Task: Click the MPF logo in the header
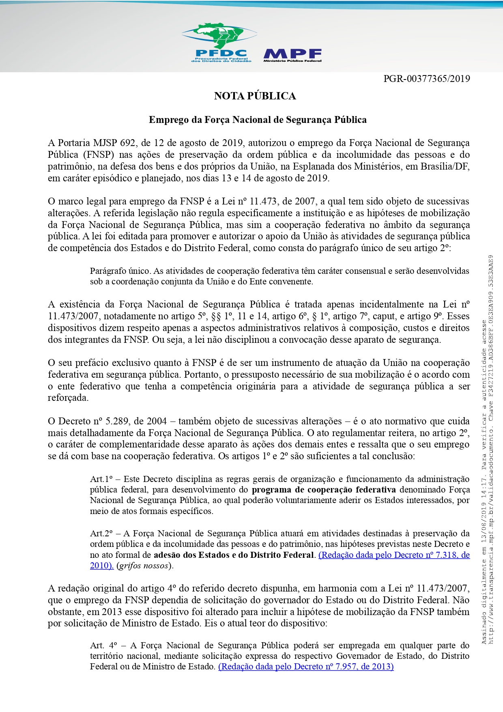pos(292,55)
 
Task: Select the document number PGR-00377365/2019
pos(427,79)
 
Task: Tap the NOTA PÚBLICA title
pos(255,96)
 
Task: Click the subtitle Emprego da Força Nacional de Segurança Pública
pos(258,120)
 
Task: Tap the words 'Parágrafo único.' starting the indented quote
pos(120,271)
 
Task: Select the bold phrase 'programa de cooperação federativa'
pos(324,490)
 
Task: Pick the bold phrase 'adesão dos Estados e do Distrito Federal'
pos(234,555)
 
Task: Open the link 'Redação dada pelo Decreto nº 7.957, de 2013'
pos(306,666)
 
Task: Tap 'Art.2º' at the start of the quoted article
pos(101,533)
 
